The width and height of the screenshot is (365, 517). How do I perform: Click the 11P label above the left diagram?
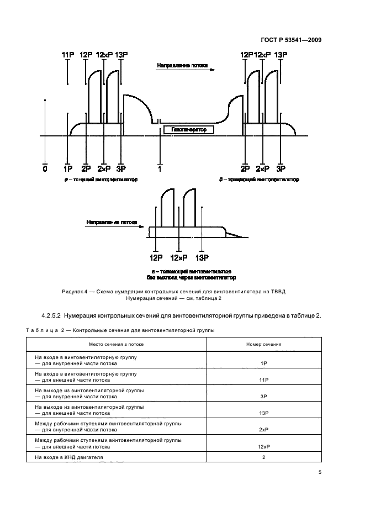pos(67,55)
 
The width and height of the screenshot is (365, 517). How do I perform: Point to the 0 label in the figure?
pos(45,168)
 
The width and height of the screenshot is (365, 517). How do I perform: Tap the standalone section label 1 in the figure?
pos(160,168)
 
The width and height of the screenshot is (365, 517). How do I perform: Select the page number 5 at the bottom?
pos(320,472)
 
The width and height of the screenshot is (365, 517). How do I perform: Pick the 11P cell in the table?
pos(263,381)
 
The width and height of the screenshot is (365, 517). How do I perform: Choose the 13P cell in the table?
pos(263,413)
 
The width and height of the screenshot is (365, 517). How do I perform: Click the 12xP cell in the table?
pos(263,446)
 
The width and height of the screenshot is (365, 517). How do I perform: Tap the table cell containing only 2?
pos(263,457)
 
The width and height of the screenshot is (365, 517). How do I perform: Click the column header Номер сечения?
pos(263,344)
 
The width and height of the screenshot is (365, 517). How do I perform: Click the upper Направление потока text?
pos(182,65)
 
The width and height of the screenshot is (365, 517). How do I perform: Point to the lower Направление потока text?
pos(112,222)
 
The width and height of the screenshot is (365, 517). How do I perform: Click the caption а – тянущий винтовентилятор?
pos(100,180)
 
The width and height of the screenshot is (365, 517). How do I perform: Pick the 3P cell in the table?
pos(263,397)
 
